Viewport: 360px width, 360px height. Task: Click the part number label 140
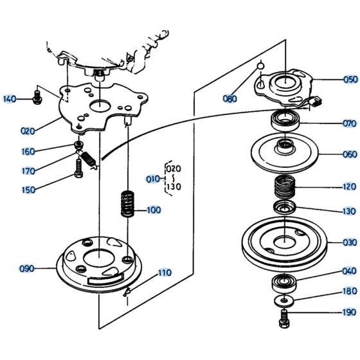point(10,99)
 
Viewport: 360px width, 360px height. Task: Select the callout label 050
point(350,80)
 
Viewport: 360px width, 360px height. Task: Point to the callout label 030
point(350,242)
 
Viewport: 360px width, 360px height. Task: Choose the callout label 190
point(350,312)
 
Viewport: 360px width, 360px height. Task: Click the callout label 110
point(165,273)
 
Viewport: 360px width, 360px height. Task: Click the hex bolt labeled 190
point(284,315)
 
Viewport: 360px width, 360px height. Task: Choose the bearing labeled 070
point(284,121)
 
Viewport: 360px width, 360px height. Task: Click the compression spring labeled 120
point(284,188)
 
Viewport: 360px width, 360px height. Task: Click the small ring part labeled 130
point(283,208)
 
